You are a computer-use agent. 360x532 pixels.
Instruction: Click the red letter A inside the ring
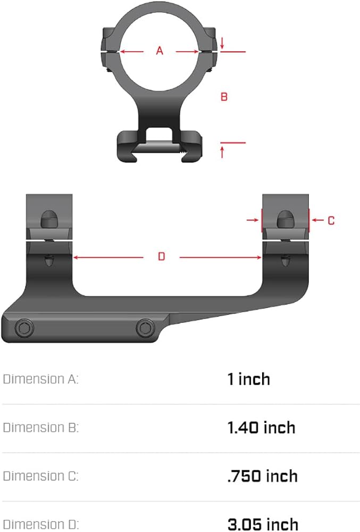coord(160,51)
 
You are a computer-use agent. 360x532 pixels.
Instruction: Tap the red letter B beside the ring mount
coord(224,97)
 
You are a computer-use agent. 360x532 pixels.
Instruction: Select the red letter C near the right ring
coord(331,221)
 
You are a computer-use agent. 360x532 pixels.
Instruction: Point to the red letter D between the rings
coord(161,256)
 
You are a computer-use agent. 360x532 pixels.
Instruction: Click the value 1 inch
coord(249,379)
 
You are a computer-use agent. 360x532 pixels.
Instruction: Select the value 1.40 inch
coord(261,428)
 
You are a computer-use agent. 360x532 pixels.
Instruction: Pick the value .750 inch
coord(262,476)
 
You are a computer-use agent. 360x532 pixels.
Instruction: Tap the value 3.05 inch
coord(263,524)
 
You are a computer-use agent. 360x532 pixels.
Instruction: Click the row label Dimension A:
coord(40,379)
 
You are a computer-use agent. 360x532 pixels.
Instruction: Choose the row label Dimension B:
coord(40,428)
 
